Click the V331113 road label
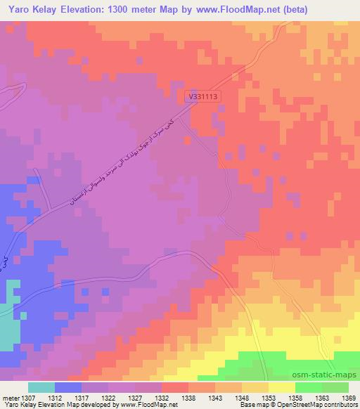[x=202, y=96]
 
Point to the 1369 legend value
[x=349, y=398]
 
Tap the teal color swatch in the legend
[x=41, y=387]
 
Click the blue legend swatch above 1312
[x=68, y=387]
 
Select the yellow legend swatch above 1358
[x=282, y=387]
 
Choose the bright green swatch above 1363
[x=309, y=387]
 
